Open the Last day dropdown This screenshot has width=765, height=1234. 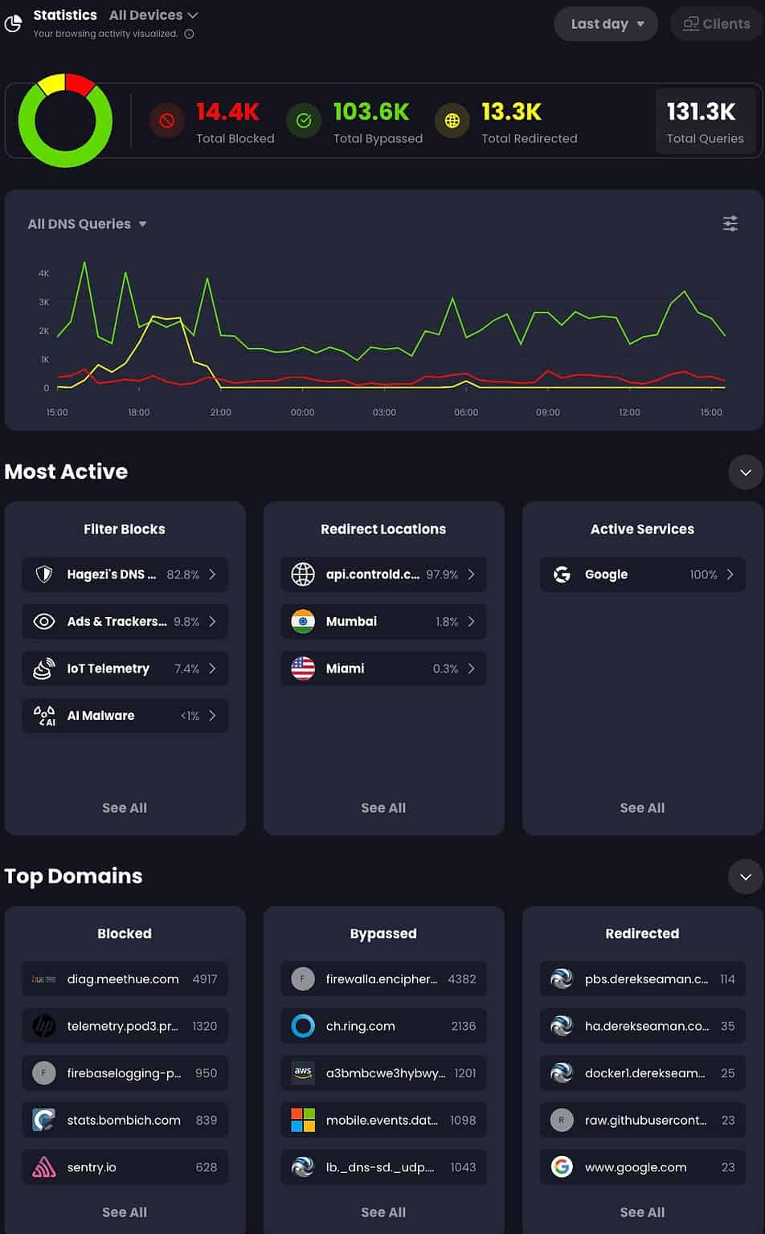(606, 24)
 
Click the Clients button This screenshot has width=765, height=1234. (716, 24)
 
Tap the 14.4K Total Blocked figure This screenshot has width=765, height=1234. (227, 112)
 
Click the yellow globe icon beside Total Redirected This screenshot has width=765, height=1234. (452, 121)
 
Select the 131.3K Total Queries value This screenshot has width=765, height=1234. (701, 112)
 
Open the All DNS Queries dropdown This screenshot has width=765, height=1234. (87, 224)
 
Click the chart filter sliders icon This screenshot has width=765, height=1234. (730, 224)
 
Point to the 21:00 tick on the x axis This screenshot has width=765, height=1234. (220, 412)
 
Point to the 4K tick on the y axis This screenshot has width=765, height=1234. (43, 273)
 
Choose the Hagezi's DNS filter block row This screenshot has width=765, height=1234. (125, 574)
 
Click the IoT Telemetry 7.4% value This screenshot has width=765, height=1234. (186, 668)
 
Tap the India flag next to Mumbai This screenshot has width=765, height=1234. (303, 621)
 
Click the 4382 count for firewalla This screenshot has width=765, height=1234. (461, 979)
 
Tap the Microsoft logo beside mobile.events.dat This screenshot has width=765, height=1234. (303, 1120)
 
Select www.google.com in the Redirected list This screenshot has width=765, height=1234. (636, 1167)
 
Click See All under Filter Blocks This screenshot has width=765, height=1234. (125, 808)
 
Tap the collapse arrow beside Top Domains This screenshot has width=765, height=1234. (745, 876)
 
